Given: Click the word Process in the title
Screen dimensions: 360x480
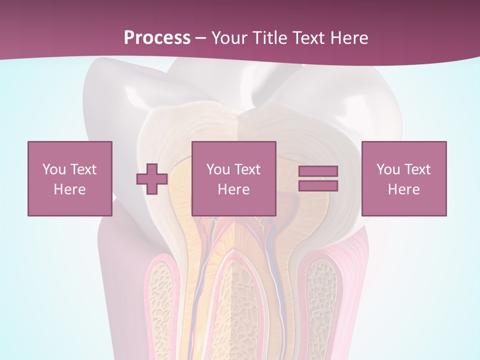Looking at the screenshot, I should [x=157, y=38].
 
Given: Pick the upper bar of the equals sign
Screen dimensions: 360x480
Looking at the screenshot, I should [x=318, y=171].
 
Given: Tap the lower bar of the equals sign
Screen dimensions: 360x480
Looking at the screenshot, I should [x=318, y=185].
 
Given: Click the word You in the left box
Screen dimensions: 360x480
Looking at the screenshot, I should [x=54, y=169].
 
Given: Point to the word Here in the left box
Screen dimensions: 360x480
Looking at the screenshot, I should [x=69, y=189].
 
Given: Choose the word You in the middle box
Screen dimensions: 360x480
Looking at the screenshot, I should [x=218, y=169].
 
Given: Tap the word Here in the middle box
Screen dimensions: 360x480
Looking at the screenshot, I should [x=233, y=189].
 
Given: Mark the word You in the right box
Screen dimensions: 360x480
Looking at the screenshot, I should [x=388, y=169].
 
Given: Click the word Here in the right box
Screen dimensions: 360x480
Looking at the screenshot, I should [x=403, y=189].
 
